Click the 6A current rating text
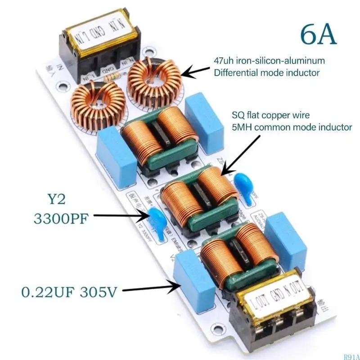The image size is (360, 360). click(x=318, y=35)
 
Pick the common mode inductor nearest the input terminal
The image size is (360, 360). click(x=160, y=137)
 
